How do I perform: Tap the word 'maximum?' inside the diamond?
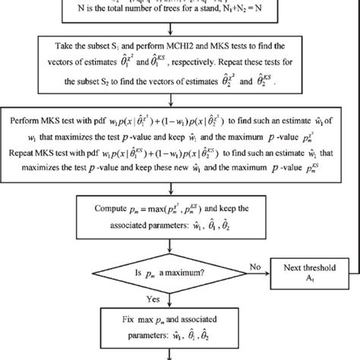point(194,268)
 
